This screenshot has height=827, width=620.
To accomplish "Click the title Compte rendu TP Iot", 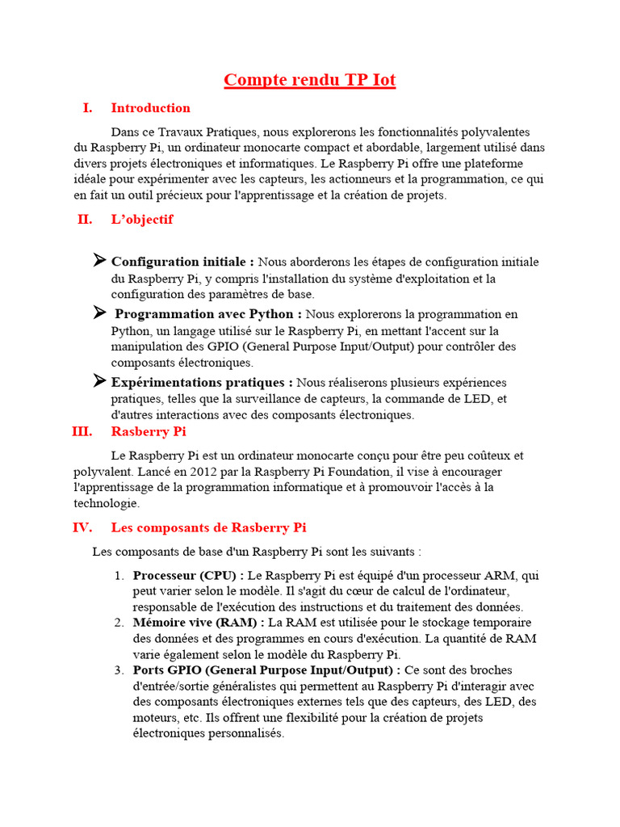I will click(x=309, y=80).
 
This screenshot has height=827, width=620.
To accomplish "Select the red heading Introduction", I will click(x=150, y=108).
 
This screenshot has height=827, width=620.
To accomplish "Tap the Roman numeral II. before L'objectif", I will click(x=85, y=220).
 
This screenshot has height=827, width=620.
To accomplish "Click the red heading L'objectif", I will click(x=142, y=220).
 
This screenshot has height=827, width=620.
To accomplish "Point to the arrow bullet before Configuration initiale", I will click(x=99, y=260).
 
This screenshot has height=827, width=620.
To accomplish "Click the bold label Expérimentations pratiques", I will click(x=202, y=382).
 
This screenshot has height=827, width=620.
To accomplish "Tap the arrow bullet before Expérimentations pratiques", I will click(x=99, y=380).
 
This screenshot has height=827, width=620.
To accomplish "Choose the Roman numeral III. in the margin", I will click(x=82, y=432).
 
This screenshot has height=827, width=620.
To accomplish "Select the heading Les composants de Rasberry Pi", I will click(x=208, y=528).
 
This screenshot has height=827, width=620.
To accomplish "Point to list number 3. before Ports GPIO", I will click(x=119, y=670).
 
